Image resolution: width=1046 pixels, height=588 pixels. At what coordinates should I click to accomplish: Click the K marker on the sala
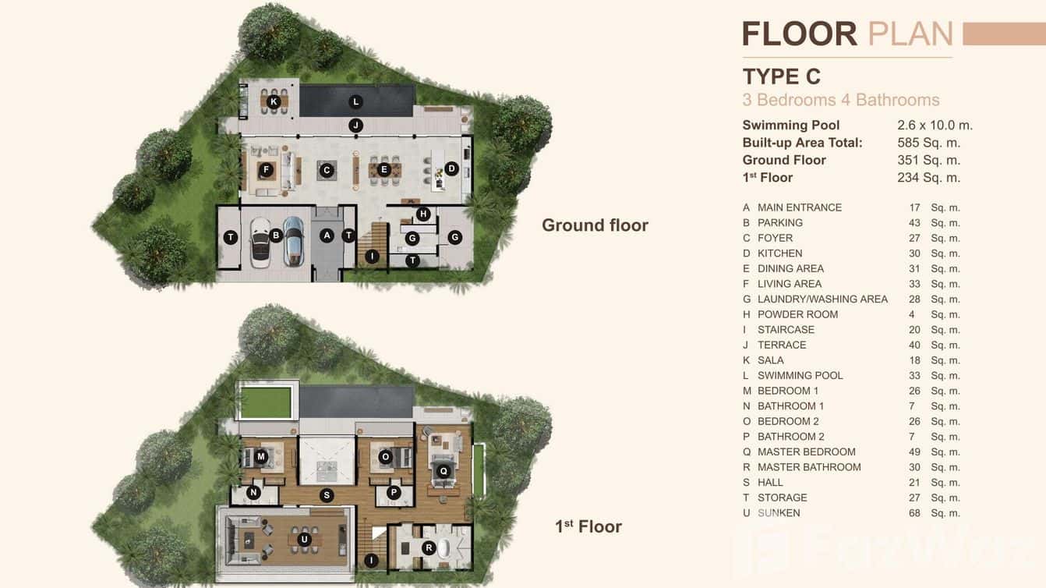[x=274, y=101]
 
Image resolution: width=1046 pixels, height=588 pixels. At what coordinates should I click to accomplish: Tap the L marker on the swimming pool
[x=355, y=101]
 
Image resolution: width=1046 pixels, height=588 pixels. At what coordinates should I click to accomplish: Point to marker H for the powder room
[x=422, y=214]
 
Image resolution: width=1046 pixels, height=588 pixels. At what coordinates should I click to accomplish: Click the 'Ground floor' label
[x=595, y=225]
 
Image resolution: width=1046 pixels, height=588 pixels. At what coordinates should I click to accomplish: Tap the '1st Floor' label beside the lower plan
[x=588, y=526]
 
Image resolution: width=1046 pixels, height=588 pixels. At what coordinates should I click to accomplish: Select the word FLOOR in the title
[x=799, y=34]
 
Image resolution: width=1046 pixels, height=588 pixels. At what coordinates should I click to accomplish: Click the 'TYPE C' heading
[x=782, y=76]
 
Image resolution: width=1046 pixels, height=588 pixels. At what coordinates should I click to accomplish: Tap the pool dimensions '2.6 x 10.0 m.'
[x=935, y=125]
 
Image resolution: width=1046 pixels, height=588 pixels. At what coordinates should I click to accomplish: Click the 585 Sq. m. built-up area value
[x=928, y=143]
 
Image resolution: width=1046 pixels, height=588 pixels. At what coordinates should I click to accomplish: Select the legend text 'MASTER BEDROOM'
[x=806, y=452]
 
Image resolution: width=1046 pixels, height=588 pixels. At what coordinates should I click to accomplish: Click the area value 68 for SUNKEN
[x=914, y=513]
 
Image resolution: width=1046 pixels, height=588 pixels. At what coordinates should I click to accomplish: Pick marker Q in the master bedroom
[x=443, y=470]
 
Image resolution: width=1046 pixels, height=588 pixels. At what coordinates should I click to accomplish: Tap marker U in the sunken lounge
[x=303, y=538]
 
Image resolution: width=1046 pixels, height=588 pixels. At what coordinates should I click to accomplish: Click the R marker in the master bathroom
[x=428, y=548]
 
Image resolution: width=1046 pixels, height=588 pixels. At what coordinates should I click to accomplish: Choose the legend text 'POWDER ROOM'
[x=797, y=314]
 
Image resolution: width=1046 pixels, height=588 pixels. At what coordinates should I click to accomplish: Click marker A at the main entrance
[x=327, y=235]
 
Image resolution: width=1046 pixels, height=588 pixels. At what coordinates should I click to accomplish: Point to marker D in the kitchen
[x=451, y=168]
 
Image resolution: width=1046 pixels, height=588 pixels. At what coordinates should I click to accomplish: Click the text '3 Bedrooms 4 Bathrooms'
[x=840, y=100]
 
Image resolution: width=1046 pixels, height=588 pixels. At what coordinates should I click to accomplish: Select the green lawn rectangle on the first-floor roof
[x=267, y=402]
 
